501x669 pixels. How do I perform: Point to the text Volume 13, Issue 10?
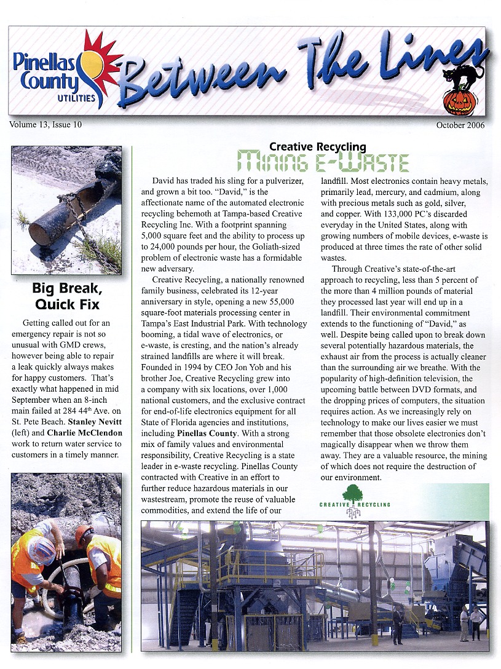coord(45,125)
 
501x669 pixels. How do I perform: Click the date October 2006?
coord(460,125)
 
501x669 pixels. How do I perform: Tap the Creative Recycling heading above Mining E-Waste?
coord(317,147)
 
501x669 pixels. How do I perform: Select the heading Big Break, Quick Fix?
coord(66,296)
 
